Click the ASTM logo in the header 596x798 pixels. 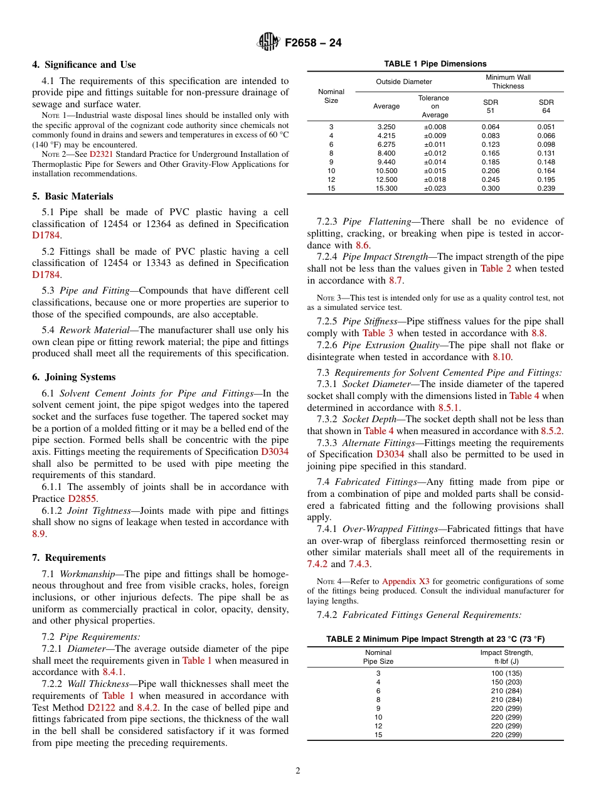point(269,43)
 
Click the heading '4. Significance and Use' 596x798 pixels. point(84,65)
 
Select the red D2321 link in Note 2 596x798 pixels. point(101,154)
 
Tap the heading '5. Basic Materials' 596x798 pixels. point(73,196)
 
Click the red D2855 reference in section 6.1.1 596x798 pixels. point(82,498)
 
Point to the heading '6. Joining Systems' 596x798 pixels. point(74,377)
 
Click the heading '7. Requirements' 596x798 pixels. point(69,558)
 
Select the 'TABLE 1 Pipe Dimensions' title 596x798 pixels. point(435,64)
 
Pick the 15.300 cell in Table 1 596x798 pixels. point(386,188)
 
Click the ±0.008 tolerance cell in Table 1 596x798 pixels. point(435,127)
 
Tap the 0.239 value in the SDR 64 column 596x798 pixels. point(546,188)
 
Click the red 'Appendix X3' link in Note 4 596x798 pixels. point(405,582)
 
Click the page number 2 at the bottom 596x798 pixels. point(298,771)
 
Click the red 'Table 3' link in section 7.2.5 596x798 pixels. point(378,333)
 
